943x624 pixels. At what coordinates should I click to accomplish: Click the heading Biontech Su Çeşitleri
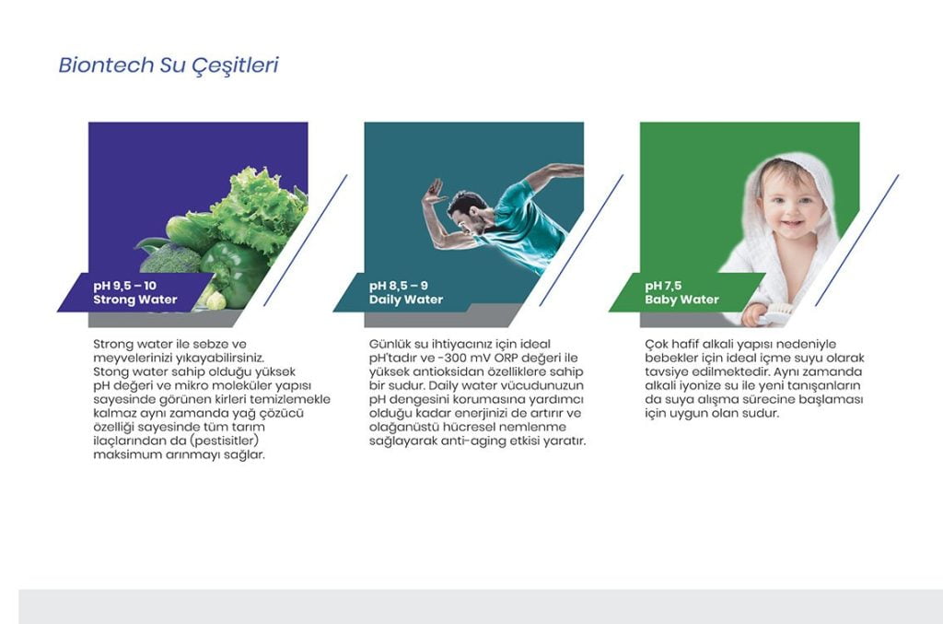(x=169, y=65)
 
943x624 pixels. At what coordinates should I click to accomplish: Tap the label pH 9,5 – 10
(x=124, y=286)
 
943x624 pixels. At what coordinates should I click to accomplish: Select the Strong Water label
(x=135, y=300)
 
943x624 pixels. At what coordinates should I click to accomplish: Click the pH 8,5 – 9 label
(x=399, y=286)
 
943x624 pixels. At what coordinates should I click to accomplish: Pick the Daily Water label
(x=406, y=300)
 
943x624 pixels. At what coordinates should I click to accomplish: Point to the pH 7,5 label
(x=663, y=286)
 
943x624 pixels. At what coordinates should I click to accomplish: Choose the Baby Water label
(x=682, y=300)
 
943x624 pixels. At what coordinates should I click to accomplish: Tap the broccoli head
(x=170, y=259)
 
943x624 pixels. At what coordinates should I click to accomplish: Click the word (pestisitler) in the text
(x=224, y=442)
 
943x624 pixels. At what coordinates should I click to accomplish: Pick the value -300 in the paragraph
(x=460, y=358)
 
